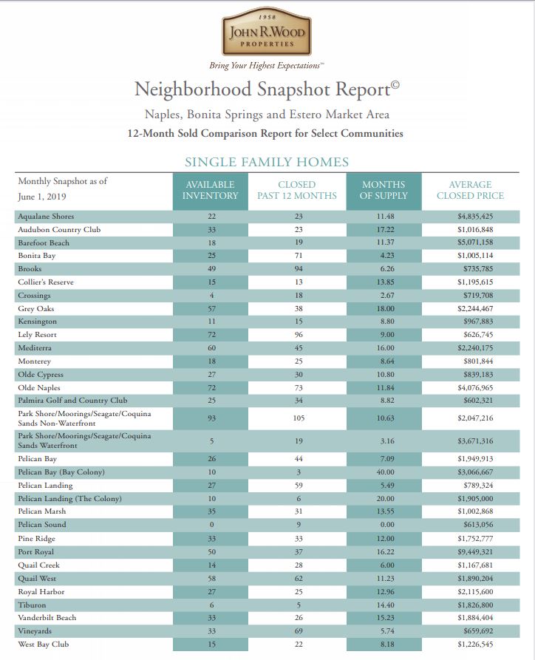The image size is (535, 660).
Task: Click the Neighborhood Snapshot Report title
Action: pos(267,90)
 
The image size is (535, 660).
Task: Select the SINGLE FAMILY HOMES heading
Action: pos(267,162)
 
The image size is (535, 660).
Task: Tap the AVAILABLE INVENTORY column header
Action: pos(211,190)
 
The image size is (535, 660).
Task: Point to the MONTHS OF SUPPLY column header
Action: pos(384,190)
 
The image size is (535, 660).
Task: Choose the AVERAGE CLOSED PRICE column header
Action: pos(470,190)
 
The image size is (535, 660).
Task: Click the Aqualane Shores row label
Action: pos(46,217)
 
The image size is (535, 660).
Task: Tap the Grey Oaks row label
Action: pos(36,308)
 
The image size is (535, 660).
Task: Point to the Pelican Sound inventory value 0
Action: pos(211,525)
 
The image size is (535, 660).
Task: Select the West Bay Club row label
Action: pos(44,644)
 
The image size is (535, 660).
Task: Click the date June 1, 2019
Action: pos(43,197)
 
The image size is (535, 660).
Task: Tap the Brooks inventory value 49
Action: pos(211,269)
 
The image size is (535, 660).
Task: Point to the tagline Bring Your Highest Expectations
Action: pos(267,66)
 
